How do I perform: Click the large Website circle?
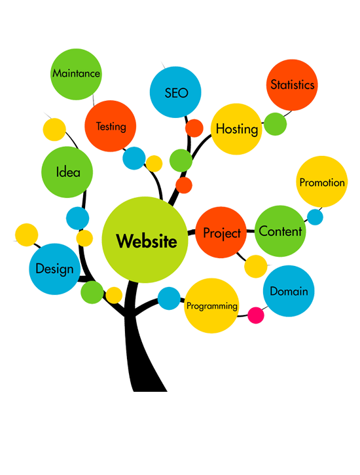point(145,240)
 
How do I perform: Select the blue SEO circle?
point(175,92)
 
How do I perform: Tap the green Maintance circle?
point(76,74)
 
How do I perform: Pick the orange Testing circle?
point(111,126)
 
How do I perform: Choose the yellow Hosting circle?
point(236,129)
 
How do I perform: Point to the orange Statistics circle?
point(292,85)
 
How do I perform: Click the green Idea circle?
point(67,172)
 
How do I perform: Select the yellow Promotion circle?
point(321,181)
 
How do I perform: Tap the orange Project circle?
point(221,233)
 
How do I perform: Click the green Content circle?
point(280,231)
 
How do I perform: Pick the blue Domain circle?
point(289,291)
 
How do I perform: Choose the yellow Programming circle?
point(211,306)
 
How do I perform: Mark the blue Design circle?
point(55,269)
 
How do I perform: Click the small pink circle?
point(256,315)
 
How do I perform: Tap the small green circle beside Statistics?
point(276,124)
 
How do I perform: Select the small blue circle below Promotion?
point(315,217)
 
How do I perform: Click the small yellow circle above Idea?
point(54,130)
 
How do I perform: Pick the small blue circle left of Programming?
point(169,298)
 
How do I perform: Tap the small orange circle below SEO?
point(194,128)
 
